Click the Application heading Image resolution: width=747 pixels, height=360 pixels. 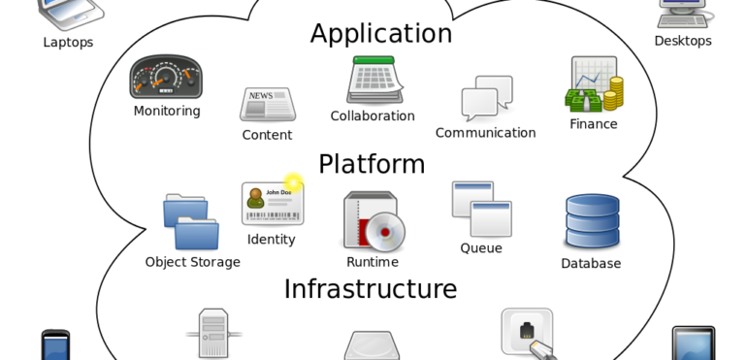380,34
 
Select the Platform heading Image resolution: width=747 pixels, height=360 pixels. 372,164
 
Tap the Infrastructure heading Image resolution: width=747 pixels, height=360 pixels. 370,289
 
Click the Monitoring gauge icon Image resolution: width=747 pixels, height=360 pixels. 166,78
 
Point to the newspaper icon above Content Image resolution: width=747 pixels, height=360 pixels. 267,104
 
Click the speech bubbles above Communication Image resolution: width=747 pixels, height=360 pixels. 486,99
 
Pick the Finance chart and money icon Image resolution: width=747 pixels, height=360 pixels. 594,84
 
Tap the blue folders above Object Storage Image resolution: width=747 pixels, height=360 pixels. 190,222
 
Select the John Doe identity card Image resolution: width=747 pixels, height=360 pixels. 273,204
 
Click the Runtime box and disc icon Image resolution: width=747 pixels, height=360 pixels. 373,222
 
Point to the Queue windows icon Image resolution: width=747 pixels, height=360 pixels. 481,209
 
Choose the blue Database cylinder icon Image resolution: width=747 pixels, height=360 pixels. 592,222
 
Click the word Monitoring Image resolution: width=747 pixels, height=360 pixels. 167,111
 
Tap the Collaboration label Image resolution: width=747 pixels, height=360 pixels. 373,116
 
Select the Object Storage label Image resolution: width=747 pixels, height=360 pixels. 192,262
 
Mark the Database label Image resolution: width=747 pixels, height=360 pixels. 591,263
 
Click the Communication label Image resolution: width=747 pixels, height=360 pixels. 485,133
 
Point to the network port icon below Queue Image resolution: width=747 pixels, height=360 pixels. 527,331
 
